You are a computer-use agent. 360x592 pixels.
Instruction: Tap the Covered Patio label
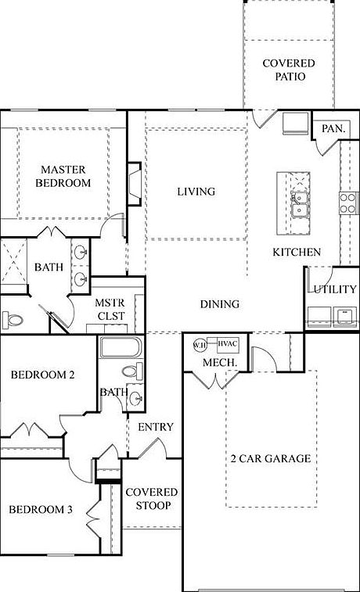click(289, 70)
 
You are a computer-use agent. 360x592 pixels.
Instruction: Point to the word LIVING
click(196, 192)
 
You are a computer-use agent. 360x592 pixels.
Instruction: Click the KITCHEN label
click(296, 253)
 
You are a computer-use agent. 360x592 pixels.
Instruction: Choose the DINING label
click(219, 305)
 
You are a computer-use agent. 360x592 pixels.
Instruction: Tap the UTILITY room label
click(335, 290)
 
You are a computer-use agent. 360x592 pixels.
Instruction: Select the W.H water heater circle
click(199, 344)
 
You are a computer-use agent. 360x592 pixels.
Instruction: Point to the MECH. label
click(215, 364)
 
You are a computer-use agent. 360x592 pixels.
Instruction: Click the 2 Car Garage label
click(270, 459)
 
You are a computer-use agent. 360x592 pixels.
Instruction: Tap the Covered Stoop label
click(152, 499)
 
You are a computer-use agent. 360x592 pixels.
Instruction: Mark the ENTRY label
click(155, 428)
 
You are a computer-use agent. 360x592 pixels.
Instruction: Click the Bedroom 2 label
click(42, 375)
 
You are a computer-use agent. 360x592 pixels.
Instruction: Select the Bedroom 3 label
click(41, 510)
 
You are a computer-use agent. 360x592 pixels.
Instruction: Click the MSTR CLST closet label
click(106, 309)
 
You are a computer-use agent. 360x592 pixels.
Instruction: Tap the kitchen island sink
click(298, 206)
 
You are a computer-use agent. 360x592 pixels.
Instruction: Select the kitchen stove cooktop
click(347, 202)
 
